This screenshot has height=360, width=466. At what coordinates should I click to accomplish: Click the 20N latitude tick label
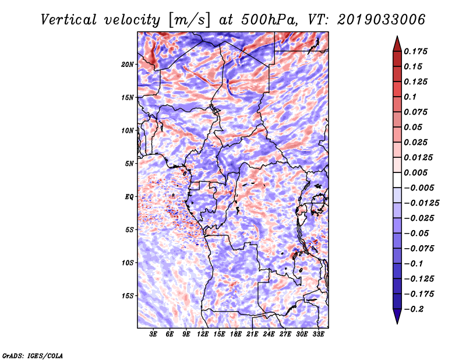click(x=128, y=64)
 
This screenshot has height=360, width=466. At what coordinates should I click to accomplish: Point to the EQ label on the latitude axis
click(x=129, y=196)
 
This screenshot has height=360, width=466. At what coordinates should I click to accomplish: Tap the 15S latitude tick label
click(x=128, y=295)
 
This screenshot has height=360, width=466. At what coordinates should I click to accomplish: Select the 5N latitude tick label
click(x=129, y=163)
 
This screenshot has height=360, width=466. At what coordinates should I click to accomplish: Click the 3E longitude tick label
click(x=153, y=334)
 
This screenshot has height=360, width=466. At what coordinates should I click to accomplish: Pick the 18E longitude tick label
click(x=235, y=334)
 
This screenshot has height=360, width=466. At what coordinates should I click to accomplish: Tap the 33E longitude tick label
click(x=318, y=334)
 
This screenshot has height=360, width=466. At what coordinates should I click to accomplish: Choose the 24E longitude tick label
click(x=269, y=334)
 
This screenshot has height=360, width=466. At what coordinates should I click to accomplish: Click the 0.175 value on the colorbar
click(x=415, y=51)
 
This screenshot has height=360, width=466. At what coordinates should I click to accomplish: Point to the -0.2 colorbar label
click(x=414, y=309)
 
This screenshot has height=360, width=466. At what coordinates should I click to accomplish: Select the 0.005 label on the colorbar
click(x=415, y=172)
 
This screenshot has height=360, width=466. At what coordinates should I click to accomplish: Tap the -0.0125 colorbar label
click(x=421, y=203)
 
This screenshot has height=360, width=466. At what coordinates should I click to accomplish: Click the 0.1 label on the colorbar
click(x=410, y=97)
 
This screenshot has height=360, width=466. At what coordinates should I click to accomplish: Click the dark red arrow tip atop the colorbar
click(x=397, y=37)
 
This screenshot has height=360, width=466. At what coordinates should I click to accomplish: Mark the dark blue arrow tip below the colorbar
click(x=397, y=323)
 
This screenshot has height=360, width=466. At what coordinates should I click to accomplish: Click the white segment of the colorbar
click(x=397, y=180)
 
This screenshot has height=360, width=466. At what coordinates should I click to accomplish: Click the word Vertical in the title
click(x=68, y=20)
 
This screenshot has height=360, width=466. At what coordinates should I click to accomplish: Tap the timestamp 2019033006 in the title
click(x=381, y=20)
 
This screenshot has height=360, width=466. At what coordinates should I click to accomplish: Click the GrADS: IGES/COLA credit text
click(x=33, y=355)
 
